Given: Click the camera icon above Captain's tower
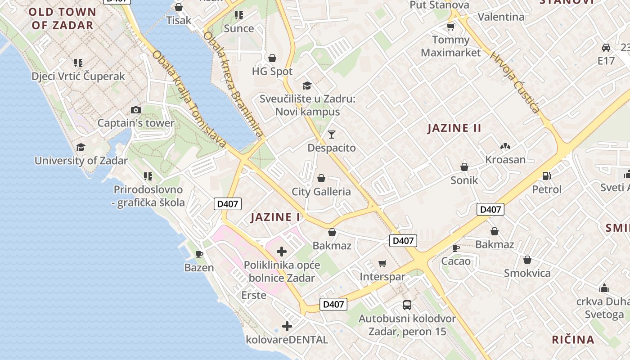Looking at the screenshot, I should [x=135, y=110].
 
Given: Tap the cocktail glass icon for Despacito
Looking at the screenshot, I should [x=332, y=134].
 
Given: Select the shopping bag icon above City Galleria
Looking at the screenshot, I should [x=321, y=178].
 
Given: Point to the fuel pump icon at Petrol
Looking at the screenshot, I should [x=547, y=175].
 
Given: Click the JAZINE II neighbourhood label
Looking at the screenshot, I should [x=454, y=128].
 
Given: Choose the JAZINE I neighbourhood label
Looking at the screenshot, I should [x=275, y=217].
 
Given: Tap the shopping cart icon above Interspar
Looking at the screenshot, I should [x=382, y=263].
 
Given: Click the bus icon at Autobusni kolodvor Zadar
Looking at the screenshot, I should [x=407, y=305].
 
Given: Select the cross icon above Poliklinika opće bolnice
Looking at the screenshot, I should [x=282, y=251].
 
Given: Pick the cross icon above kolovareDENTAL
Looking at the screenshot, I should [x=287, y=326].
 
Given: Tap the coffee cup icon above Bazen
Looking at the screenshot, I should [x=199, y=254].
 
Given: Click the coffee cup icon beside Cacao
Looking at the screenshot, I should [x=456, y=247].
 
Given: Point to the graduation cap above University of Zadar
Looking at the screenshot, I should [x=81, y=147].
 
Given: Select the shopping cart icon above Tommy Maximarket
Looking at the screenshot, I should [x=450, y=27].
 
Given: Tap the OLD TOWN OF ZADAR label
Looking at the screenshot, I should [x=63, y=18].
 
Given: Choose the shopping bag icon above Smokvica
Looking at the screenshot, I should [x=527, y=260].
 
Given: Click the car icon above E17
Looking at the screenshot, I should [x=606, y=47].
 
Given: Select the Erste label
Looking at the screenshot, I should [x=254, y=295].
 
